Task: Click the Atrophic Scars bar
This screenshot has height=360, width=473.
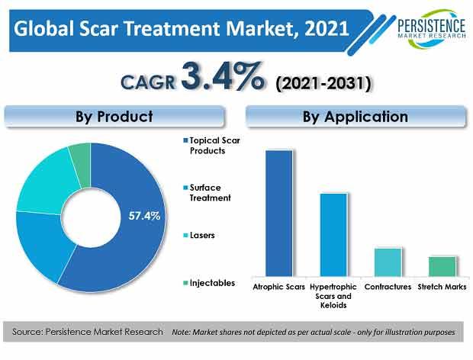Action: point(279,213)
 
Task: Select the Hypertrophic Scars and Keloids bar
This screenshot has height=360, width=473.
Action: point(333,235)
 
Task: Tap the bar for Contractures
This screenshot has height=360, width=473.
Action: point(388,262)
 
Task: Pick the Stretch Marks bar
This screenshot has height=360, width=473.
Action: point(442,266)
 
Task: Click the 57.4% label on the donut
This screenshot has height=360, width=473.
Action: point(144,216)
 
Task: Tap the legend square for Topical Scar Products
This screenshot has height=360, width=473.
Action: point(185,140)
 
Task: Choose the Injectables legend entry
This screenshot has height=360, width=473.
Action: point(209,283)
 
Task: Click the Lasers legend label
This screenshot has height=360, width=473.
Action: point(202,235)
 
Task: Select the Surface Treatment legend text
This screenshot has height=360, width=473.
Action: point(210,193)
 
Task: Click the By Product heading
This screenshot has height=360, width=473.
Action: point(114,117)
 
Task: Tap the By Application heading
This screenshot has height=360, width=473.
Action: point(356,117)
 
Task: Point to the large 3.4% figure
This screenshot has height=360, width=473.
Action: point(223,76)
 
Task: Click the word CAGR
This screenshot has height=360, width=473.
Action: point(148,82)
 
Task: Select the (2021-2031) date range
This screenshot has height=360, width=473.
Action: point(323,83)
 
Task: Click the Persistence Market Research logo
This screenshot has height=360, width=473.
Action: point(431,29)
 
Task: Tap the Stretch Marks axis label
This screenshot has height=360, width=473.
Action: point(442,287)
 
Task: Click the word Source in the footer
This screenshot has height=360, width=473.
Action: point(27,332)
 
